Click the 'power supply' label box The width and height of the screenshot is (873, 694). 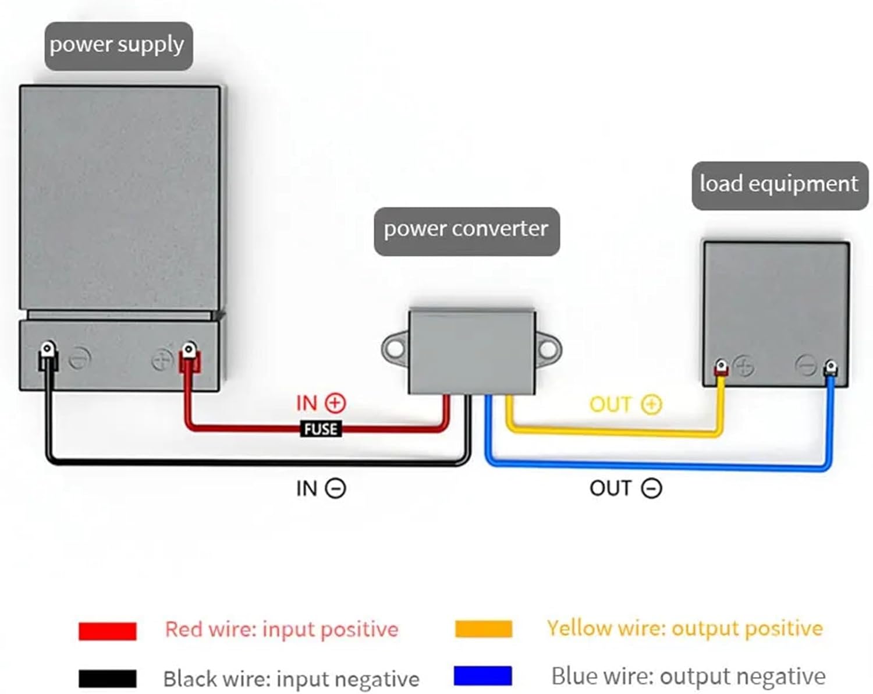(118, 46)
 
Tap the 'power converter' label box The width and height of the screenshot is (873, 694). (466, 231)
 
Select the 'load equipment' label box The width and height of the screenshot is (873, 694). (779, 185)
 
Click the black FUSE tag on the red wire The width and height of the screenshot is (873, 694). (320, 430)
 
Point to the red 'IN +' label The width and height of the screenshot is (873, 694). (321, 403)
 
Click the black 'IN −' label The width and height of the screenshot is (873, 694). (321, 488)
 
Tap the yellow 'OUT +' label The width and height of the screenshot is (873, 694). (626, 404)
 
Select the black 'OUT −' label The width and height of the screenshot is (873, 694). (626, 488)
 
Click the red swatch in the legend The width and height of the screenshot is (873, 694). (108, 631)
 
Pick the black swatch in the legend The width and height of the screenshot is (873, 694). (108, 679)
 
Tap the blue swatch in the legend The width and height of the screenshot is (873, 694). (483, 676)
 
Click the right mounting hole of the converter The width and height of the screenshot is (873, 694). (548, 349)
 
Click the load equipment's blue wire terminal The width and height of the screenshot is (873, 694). (831, 367)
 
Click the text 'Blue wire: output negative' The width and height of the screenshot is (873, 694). (688, 677)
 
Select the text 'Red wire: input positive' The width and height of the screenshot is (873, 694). (282, 629)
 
